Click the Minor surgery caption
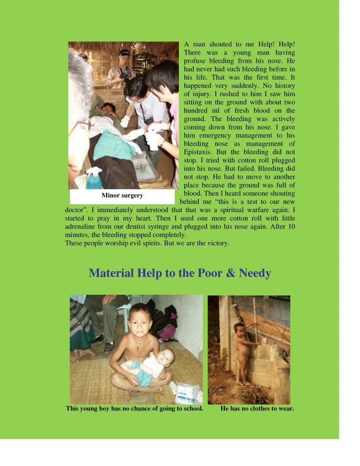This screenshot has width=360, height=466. click(122, 196)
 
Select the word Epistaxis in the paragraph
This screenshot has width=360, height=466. click(199, 152)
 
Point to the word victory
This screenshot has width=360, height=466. click(218, 243)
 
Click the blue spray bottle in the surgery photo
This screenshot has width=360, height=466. click(94, 179)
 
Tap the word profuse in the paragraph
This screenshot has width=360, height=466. click(196, 61)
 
